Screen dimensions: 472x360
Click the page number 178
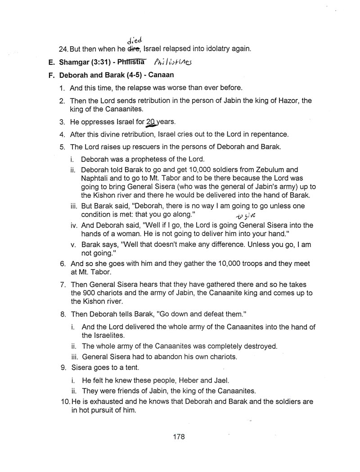(179, 436)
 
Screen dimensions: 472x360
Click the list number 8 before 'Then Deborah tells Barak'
(63, 313)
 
